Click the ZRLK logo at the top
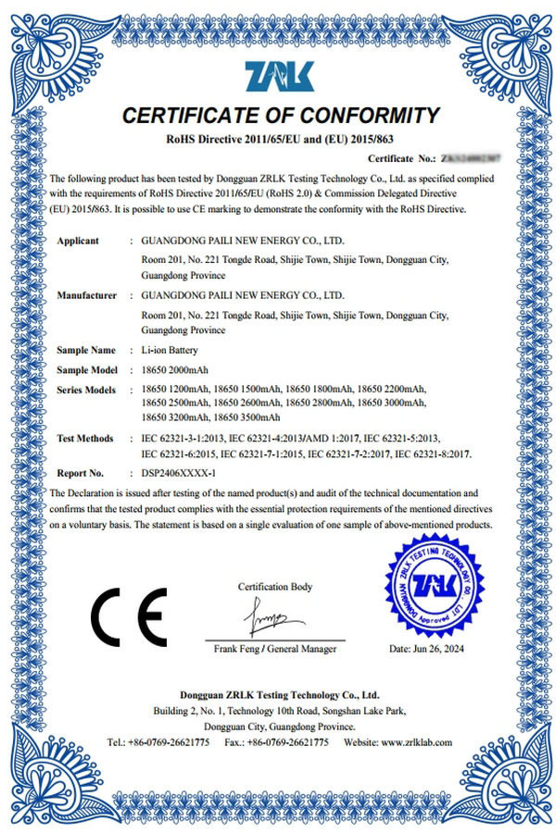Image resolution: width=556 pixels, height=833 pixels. [279, 77]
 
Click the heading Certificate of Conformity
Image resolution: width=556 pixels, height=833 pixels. [279, 116]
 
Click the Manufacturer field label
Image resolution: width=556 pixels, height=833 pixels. [86, 295]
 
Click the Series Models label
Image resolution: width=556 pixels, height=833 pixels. [86, 390]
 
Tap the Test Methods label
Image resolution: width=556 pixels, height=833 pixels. [85, 438]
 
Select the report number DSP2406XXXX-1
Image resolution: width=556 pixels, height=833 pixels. [181, 472]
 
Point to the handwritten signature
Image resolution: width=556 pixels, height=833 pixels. [272, 615]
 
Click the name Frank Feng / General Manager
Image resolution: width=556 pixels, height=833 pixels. [275, 649]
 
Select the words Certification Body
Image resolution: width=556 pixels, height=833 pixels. [275, 587]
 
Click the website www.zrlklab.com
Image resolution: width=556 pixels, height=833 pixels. [415, 742]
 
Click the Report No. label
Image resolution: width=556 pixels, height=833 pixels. [79, 472]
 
